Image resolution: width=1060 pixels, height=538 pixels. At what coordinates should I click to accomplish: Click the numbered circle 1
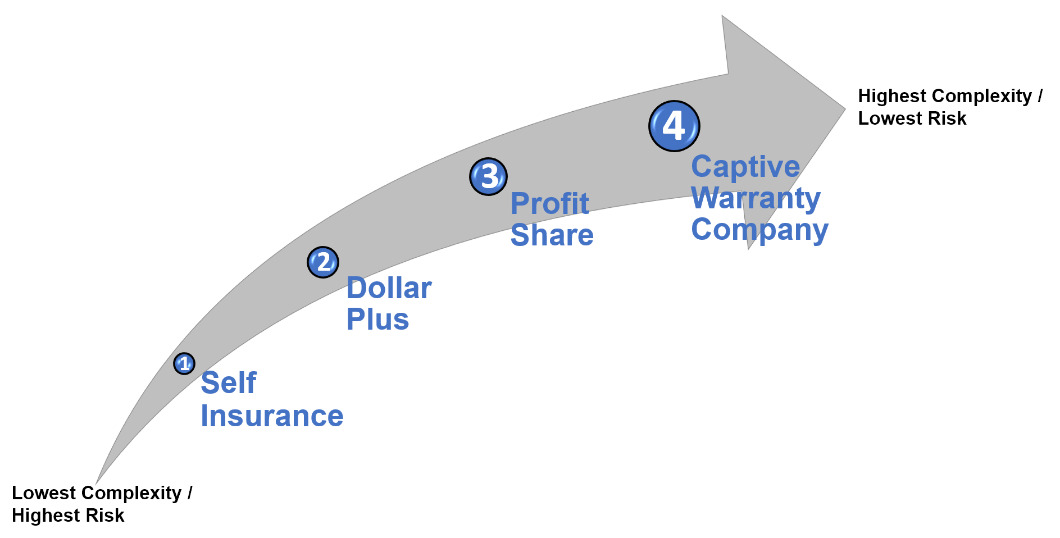[x=184, y=364]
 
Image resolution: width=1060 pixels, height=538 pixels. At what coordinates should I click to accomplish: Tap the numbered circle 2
[x=323, y=262]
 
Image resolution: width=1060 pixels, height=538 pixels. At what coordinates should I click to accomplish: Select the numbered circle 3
[x=489, y=176]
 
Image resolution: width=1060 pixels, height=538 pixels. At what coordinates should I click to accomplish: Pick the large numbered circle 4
[x=674, y=126]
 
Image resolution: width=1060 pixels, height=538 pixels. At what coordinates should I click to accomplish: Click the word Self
[x=229, y=384]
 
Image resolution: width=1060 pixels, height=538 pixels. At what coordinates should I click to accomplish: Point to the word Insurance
[x=272, y=416]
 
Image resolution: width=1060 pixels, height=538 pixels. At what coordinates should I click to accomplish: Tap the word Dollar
[x=389, y=289]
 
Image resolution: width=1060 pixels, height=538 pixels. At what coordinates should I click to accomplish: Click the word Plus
[x=377, y=320]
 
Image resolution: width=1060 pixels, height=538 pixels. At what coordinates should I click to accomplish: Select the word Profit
[x=549, y=203]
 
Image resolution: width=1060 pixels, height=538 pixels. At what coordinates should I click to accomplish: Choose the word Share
[x=552, y=235]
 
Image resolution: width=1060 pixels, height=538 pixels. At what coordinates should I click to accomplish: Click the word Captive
[x=745, y=167]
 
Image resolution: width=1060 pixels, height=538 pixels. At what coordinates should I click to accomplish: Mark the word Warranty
[x=756, y=198]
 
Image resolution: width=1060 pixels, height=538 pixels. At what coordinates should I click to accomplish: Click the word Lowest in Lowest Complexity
[x=44, y=493]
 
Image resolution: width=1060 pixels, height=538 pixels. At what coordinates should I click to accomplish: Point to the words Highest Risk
[x=68, y=516]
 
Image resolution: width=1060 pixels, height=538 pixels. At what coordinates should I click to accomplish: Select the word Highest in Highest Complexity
[x=891, y=96]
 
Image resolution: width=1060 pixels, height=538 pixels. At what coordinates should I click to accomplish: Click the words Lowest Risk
[x=912, y=118]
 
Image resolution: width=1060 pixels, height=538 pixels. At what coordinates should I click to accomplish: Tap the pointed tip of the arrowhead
[x=844, y=108]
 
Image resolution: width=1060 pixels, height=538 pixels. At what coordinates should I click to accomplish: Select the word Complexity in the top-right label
[x=981, y=96]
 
